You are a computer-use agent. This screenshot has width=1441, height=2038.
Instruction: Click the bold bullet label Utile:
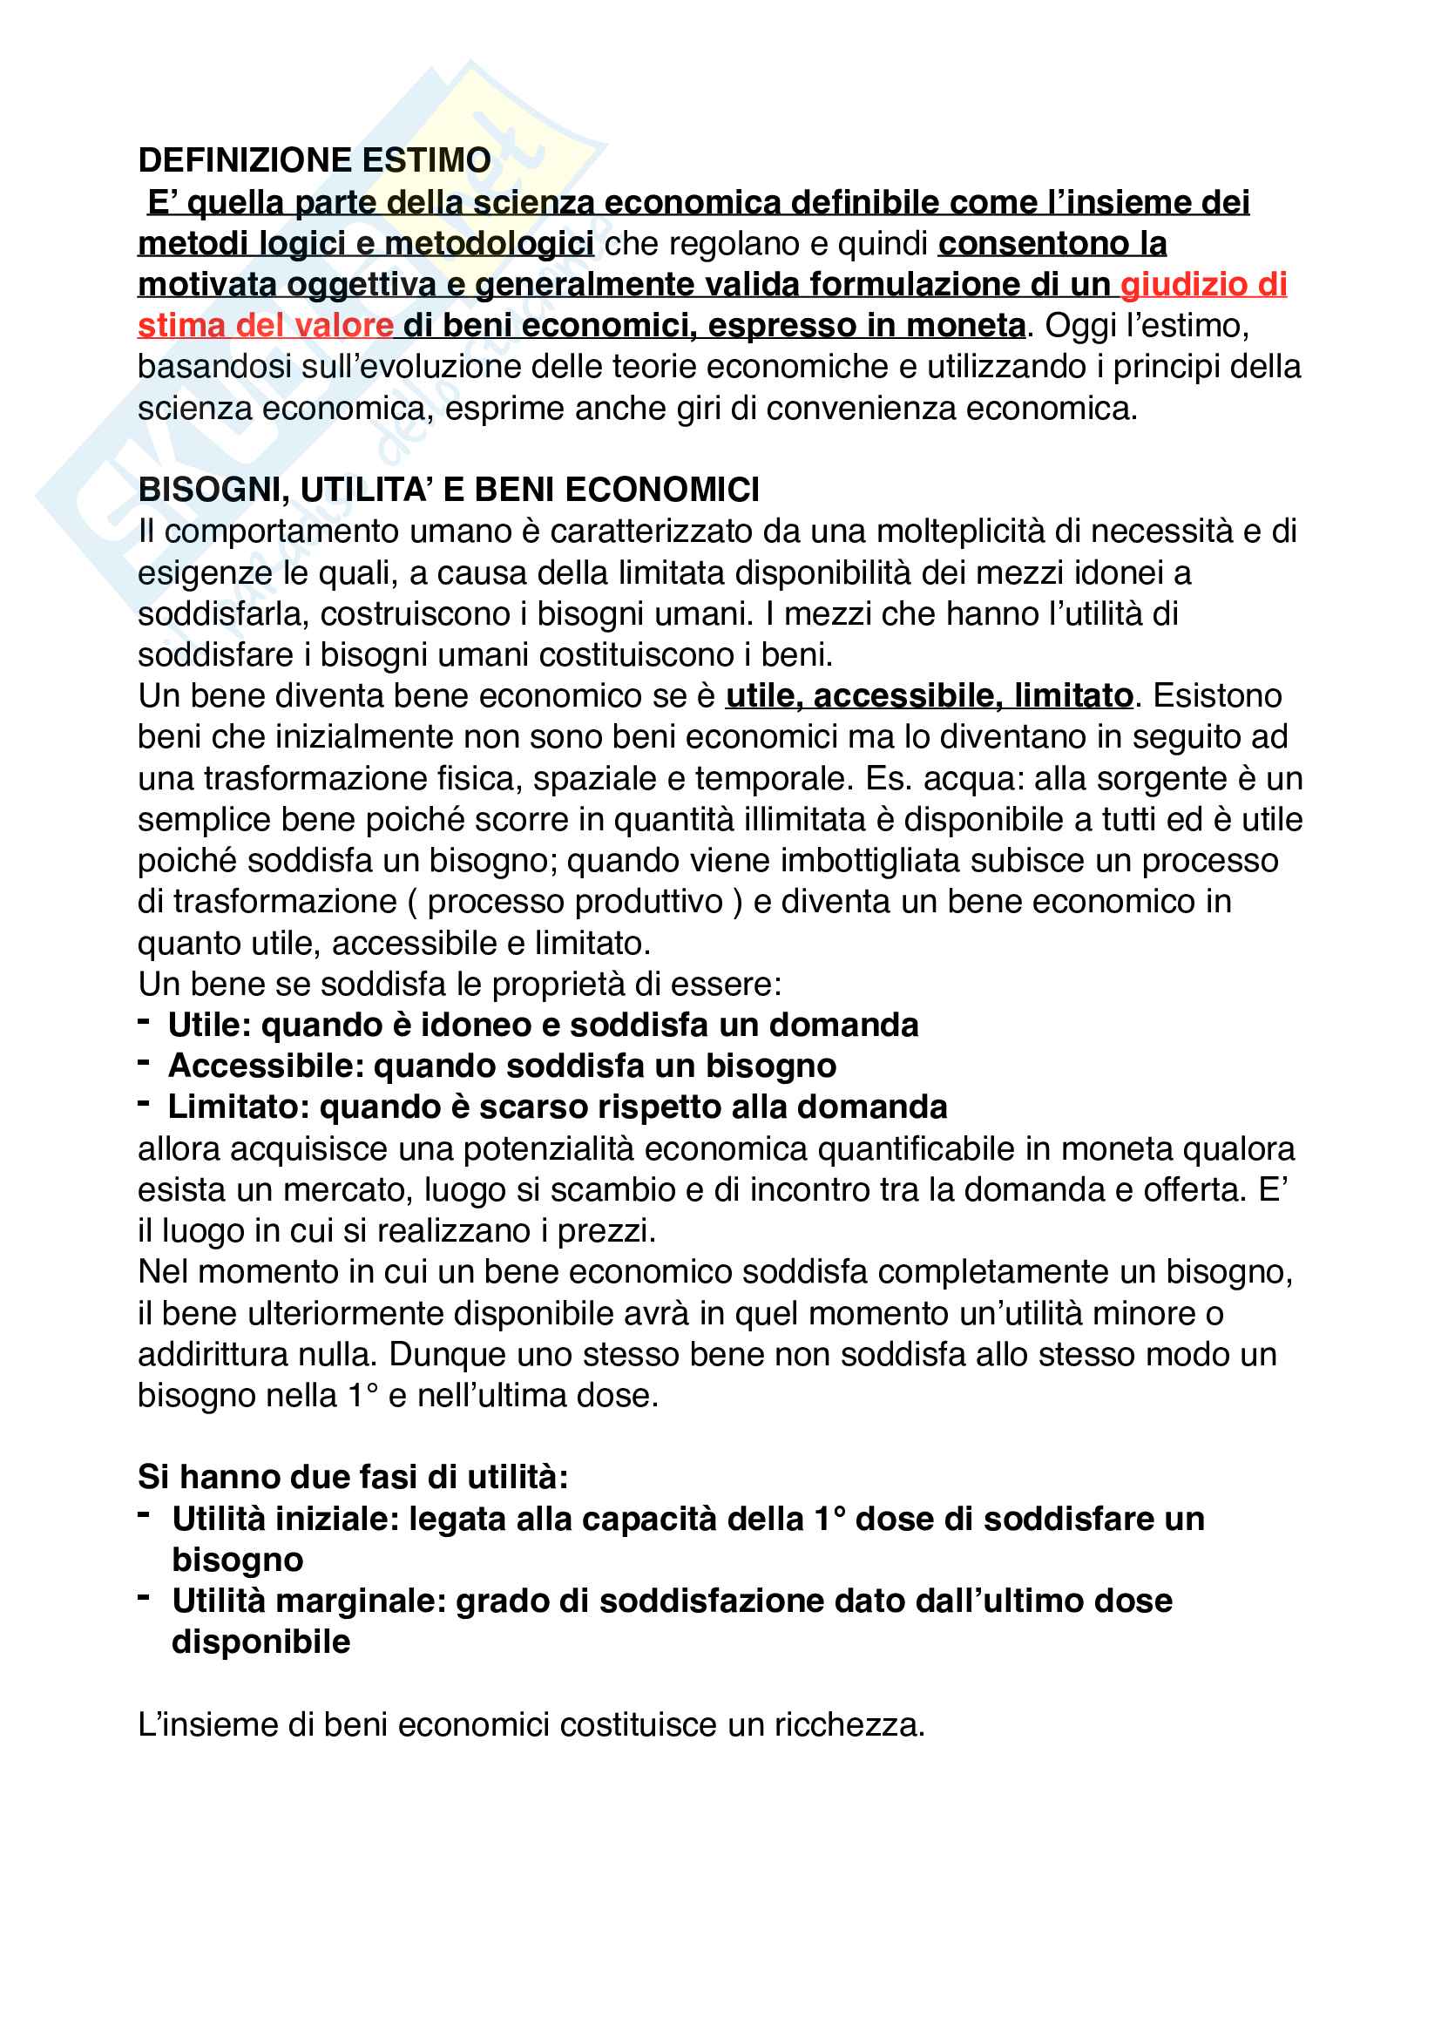click(x=210, y=1026)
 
